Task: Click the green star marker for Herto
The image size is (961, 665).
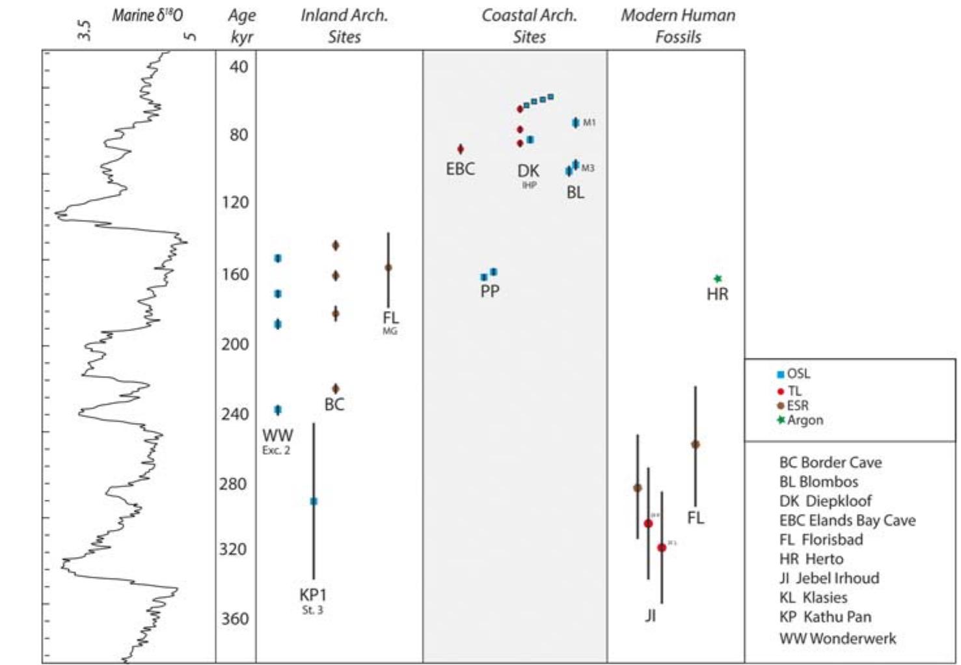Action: [718, 278]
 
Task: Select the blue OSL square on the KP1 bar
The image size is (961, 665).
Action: [314, 501]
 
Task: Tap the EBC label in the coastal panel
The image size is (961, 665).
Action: [460, 169]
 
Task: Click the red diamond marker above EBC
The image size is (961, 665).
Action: [461, 149]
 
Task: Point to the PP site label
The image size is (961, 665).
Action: [490, 292]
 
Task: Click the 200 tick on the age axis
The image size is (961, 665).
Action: [235, 344]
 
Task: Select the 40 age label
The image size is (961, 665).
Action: [239, 66]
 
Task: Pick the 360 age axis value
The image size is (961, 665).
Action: [235, 618]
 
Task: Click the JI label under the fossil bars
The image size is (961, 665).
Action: [650, 615]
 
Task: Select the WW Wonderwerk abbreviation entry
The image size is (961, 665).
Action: [837, 638]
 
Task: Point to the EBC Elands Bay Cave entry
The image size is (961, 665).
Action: [847, 521]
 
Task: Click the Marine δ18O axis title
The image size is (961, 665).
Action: [147, 16]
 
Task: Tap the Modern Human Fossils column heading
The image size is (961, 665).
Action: [678, 26]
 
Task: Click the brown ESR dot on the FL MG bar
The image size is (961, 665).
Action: [388, 267]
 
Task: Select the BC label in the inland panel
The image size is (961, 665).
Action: [334, 405]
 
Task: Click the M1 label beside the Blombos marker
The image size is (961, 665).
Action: [589, 122]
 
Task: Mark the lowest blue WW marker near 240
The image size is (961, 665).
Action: [278, 410]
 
